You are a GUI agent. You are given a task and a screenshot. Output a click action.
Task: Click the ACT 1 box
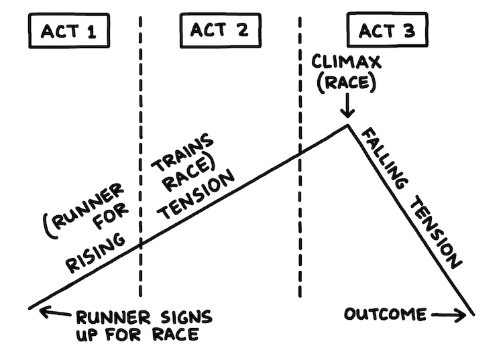coord(70,31)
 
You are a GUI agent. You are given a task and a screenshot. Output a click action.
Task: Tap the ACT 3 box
coord(386,31)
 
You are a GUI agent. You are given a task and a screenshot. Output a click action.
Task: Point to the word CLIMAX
coord(347,63)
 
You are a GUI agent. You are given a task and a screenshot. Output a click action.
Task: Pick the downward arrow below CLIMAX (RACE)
coord(347,107)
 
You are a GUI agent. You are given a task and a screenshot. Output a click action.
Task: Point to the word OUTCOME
coord(386,314)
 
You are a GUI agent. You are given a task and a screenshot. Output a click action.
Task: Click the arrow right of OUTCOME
coord(449,314)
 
